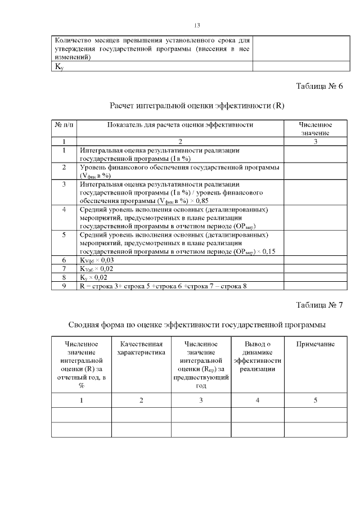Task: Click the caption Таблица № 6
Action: (x=319, y=86)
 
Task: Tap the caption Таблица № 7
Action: (x=319, y=305)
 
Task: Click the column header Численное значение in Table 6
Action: (x=315, y=128)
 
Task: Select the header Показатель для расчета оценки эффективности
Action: (x=181, y=124)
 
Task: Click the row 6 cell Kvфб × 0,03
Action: (x=97, y=260)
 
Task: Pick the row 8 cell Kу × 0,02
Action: (x=93, y=277)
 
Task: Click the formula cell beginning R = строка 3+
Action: (x=163, y=286)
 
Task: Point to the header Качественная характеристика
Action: (x=141, y=348)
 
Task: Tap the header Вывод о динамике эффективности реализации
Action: (x=257, y=356)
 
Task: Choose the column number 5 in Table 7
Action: (x=315, y=400)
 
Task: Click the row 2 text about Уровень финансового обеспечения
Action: (x=180, y=172)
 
